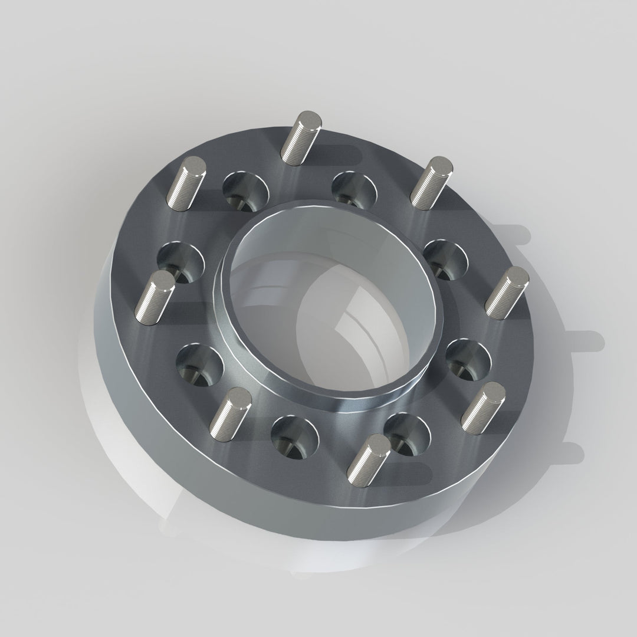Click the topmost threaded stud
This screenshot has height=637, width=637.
tap(301, 137)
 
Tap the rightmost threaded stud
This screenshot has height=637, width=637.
tap(507, 293)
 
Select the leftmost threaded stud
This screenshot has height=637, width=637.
tap(155, 298)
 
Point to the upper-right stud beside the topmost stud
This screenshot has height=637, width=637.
tap(432, 182)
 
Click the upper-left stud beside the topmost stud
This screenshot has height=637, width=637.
tap(186, 183)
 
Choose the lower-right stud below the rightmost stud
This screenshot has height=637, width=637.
tap(484, 406)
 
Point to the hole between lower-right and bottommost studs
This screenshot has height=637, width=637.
tap(407, 434)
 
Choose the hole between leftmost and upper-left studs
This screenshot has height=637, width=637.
tap(180, 261)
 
